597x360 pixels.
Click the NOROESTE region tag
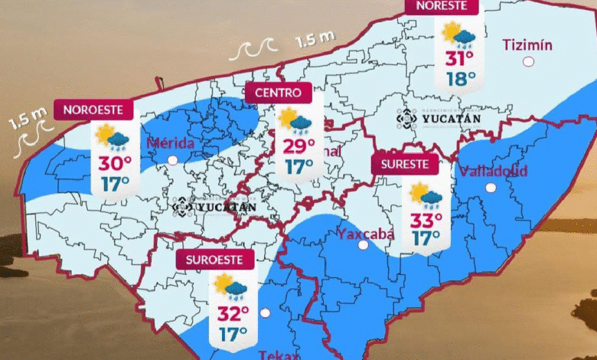point(93,110)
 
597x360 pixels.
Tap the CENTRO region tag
point(278,93)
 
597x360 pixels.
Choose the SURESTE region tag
point(405,164)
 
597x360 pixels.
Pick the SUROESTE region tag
point(215,260)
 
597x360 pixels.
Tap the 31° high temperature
point(460,59)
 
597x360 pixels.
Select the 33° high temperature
point(426,221)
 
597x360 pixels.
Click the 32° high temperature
point(233,314)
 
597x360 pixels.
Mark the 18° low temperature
point(462,78)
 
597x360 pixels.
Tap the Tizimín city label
point(527,44)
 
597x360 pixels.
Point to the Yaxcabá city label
point(366,234)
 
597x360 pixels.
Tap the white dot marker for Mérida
point(173,160)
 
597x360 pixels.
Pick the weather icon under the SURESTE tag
point(426,195)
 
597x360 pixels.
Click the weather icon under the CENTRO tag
point(295,121)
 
